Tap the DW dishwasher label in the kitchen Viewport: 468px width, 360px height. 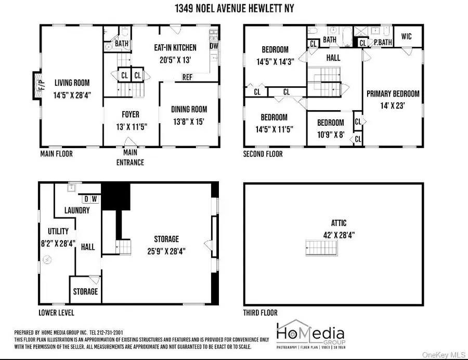tap(214, 46)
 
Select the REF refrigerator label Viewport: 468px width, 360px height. tap(188, 77)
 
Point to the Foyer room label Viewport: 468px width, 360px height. tap(131, 114)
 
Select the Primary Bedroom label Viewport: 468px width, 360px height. tap(393, 94)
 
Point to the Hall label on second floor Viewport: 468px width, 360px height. tap(333, 58)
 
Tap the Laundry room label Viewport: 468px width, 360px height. tap(77, 210)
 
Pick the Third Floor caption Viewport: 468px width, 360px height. tap(260, 313)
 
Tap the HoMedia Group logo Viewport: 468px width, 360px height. tap(310, 332)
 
